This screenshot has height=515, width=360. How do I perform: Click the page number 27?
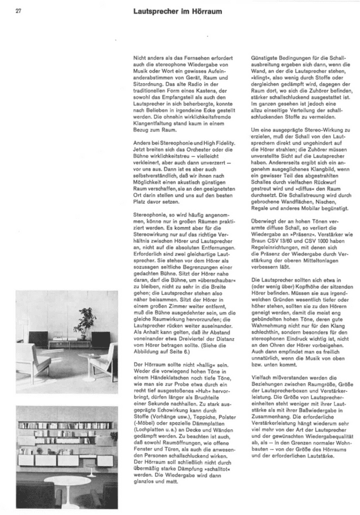point(18,10)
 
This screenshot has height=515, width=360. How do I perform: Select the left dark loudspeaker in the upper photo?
point(38,339)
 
